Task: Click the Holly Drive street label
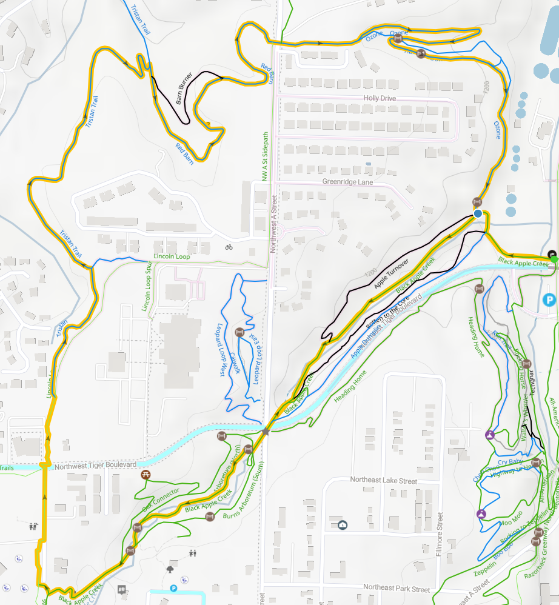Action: coord(380,98)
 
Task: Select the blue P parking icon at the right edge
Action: coord(549,299)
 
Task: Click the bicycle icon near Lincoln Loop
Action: coord(229,247)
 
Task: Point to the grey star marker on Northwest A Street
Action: coord(265,431)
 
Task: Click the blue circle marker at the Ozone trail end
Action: coord(478,214)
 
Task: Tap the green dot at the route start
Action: coord(554,259)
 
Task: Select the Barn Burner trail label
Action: coord(184,89)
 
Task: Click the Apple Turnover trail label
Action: coord(392,273)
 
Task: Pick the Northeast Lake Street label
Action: coord(383,480)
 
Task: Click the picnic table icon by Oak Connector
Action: coord(146,475)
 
